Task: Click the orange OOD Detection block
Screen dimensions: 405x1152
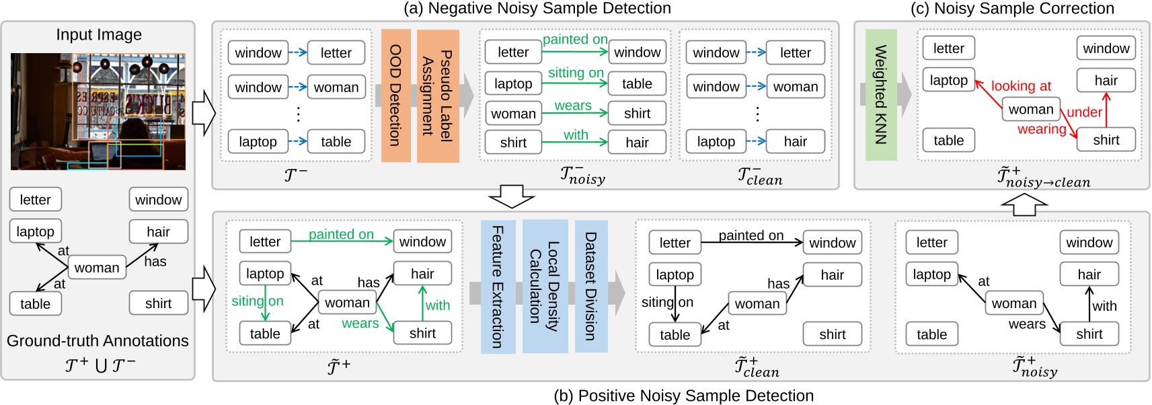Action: point(395,96)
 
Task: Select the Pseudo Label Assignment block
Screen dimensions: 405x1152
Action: point(437,96)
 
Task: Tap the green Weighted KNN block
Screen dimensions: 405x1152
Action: point(880,95)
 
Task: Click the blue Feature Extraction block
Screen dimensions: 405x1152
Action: point(498,287)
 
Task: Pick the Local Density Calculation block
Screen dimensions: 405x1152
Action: point(545,287)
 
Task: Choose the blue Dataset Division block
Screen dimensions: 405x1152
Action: point(590,287)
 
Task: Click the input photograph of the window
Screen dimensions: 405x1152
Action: point(98,111)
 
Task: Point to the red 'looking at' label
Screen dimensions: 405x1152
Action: point(1020,86)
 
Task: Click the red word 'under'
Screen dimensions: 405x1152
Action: point(1084,112)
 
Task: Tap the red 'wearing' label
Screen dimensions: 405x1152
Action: point(1041,129)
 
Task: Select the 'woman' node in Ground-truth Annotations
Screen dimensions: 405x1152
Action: point(97,268)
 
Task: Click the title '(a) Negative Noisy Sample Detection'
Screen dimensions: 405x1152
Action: point(537,8)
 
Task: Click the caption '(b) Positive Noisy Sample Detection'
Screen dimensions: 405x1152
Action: point(683,396)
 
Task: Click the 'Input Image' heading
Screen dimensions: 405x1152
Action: point(99,35)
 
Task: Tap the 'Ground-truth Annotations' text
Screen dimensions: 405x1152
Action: point(98,341)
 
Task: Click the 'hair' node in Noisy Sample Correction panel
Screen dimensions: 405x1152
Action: point(1106,81)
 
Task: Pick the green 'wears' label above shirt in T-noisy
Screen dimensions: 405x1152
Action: point(573,106)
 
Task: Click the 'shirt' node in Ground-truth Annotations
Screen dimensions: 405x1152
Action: point(158,303)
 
